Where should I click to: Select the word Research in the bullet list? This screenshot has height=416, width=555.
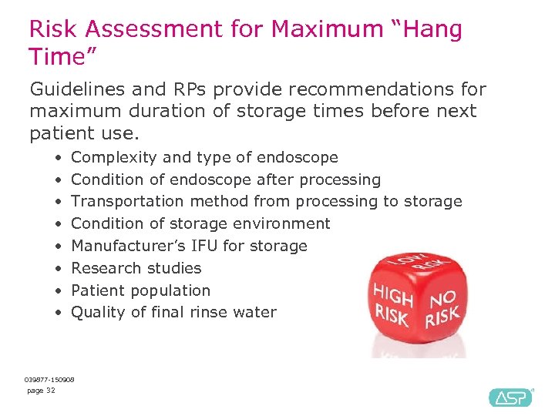(x=103, y=268)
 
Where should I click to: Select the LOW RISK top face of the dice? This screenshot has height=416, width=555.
(x=422, y=266)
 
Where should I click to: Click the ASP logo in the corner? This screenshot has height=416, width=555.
(x=510, y=397)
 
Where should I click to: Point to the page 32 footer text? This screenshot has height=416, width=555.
(x=41, y=391)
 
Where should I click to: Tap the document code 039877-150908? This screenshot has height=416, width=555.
(x=49, y=380)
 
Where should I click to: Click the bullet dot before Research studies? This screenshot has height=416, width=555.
(x=58, y=269)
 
